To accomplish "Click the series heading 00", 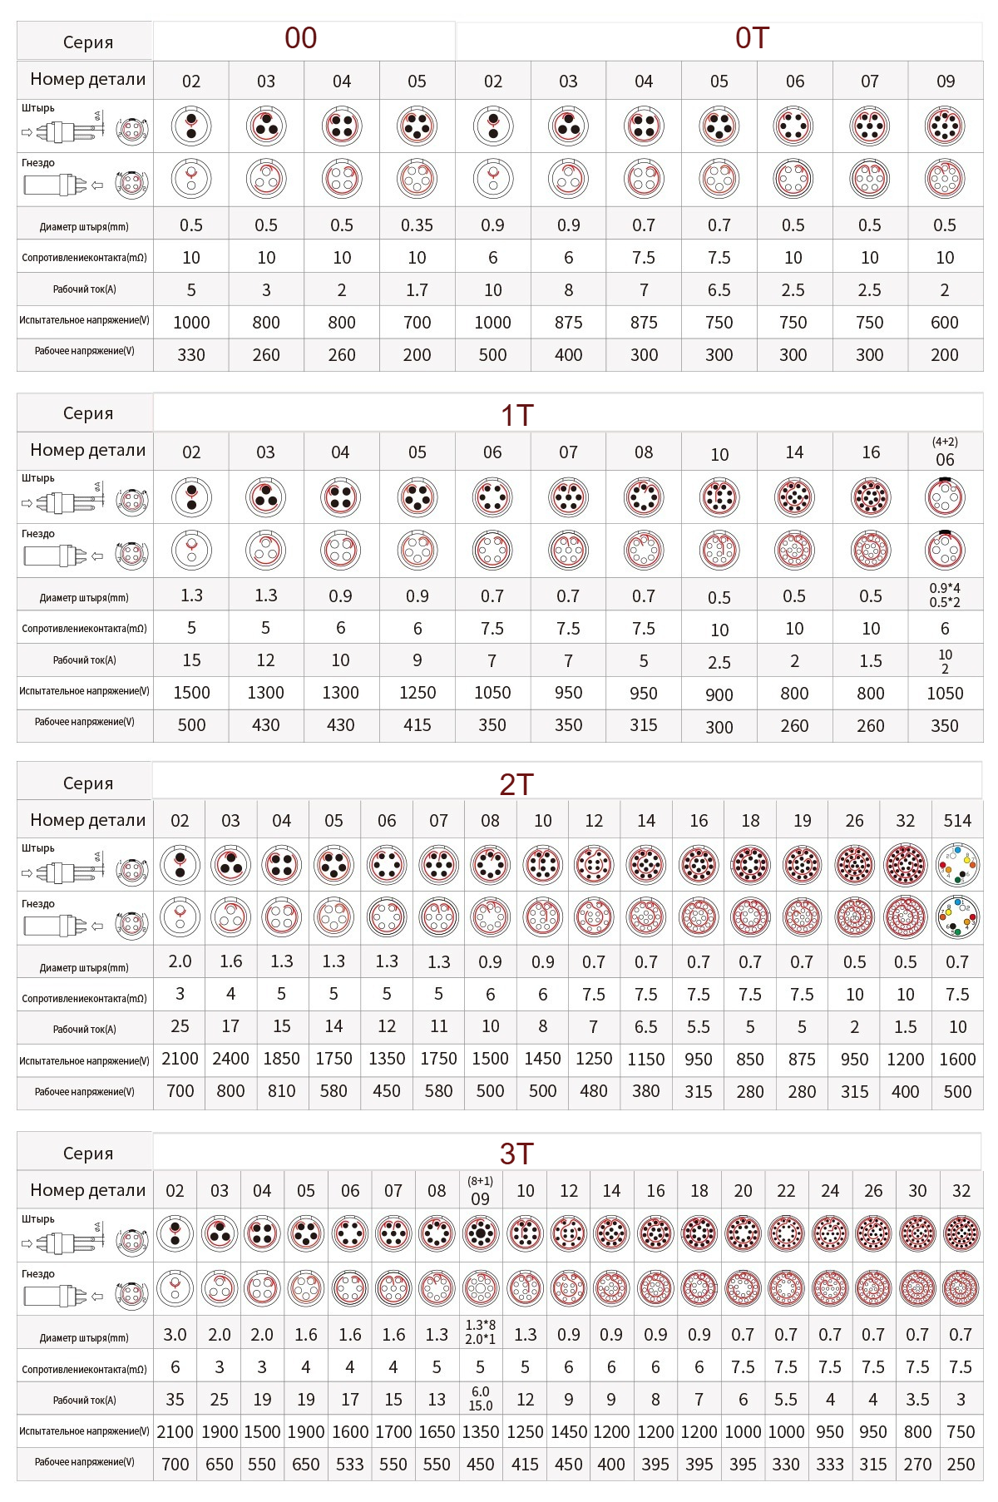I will click(300, 38).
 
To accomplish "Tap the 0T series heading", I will click(752, 38).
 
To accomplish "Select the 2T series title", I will click(516, 783).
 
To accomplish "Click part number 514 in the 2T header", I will click(957, 821).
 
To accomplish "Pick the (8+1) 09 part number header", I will click(480, 1192).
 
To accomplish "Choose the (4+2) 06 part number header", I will click(945, 452).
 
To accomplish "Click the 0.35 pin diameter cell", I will click(417, 225).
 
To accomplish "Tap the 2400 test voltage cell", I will click(230, 1059).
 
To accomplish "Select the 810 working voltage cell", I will click(281, 1091).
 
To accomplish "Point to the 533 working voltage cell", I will click(349, 1465).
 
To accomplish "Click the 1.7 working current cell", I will click(417, 290).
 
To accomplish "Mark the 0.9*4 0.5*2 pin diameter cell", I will click(945, 595).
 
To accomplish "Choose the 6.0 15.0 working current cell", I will click(480, 1399).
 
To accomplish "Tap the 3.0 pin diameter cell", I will click(175, 1335).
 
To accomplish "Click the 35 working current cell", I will click(175, 1400).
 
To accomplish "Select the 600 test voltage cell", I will click(945, 323).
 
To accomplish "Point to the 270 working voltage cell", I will click(917, 1465).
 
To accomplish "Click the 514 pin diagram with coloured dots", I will click(957, 865).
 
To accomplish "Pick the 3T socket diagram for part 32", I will click(961, 1288).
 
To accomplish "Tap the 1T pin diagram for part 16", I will click(871, 497).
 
